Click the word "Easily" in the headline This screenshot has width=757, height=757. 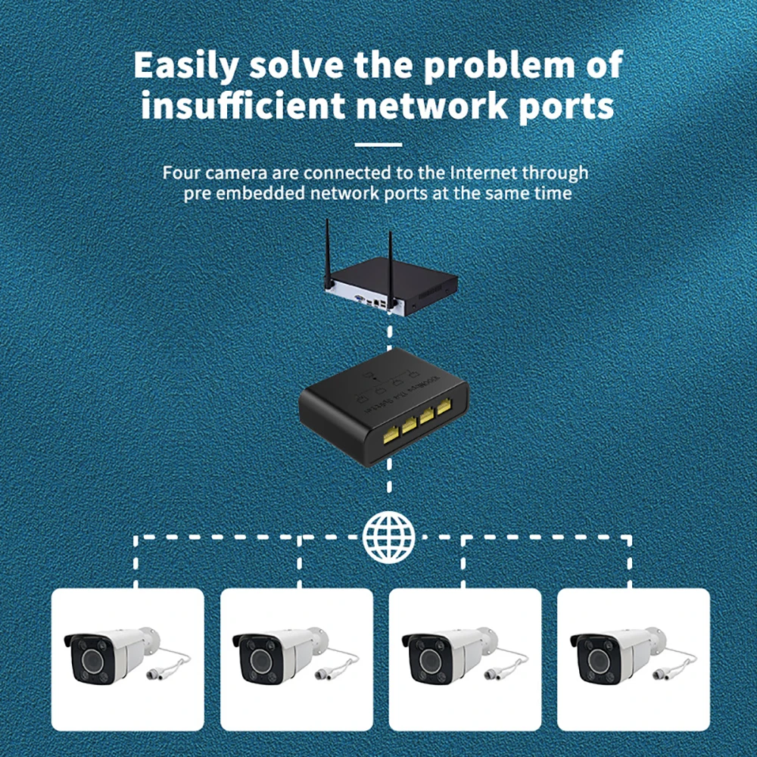(x=185, y=67)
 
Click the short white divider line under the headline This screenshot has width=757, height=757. (x=378, y=144)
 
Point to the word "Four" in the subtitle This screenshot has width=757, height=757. (x=182, y=173)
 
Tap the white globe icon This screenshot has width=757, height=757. (x=389, y=537)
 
